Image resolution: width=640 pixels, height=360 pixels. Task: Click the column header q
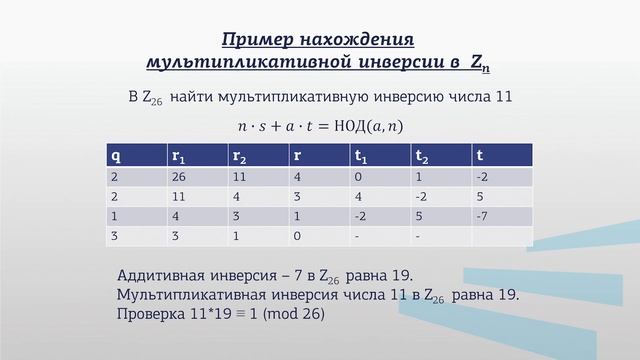click(x=116, y=155)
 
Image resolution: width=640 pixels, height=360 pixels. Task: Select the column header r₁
click(x=178, y=155)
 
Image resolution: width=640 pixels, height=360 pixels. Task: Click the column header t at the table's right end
click(x=481, y=155)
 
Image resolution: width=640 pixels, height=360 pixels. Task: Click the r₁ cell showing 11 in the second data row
click(x=178, y=197)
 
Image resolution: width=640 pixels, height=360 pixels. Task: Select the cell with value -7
click(x=483, y=216)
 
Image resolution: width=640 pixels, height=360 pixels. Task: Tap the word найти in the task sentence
click(x=196, y=97)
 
